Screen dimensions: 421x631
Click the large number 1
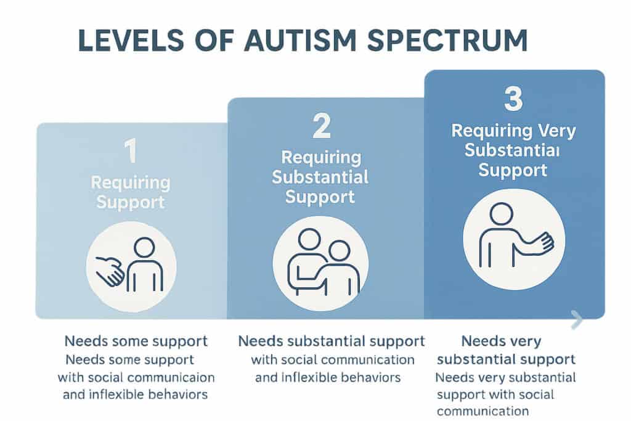(x=131, y=152)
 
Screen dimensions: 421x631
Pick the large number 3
(x=513, y=99)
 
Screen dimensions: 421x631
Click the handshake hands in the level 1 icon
(x=112, y=271)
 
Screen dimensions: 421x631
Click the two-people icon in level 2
(x=320, y=262)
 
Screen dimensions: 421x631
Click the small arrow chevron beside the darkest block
(x=577, y=319)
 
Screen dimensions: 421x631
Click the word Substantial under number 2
(x=320, y=178)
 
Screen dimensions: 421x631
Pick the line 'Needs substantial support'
(x=332, y=341)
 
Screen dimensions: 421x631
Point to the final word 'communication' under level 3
(x=483, y=411)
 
